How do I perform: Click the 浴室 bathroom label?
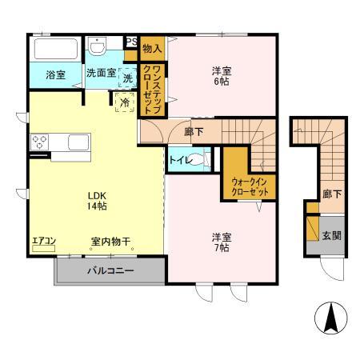[x=55, y=75]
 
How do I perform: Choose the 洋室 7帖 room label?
[x=222, y=242]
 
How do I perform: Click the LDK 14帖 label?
[x=98, y=200]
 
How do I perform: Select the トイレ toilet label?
[x=178, y=160]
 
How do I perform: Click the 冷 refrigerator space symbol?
[x=125, y=102]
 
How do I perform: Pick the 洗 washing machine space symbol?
[x=128, y=78]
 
